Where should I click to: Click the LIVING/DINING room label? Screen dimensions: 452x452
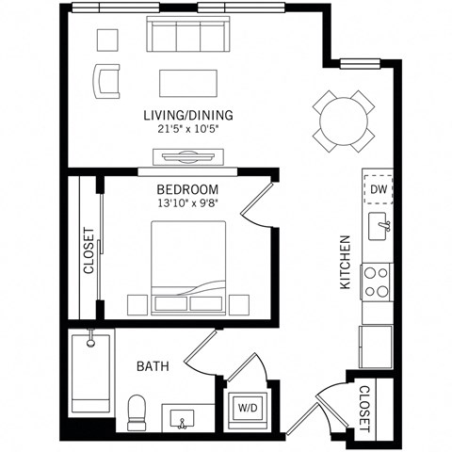[188, 116]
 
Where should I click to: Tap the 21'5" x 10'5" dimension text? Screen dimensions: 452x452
[188, 130]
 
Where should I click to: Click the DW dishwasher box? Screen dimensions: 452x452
[378, 189]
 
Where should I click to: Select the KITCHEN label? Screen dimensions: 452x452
[345, 262]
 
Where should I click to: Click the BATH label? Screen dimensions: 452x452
[153, 366]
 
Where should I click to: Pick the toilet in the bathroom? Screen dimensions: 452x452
[137, 412]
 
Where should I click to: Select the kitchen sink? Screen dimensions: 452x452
[379, 225]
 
